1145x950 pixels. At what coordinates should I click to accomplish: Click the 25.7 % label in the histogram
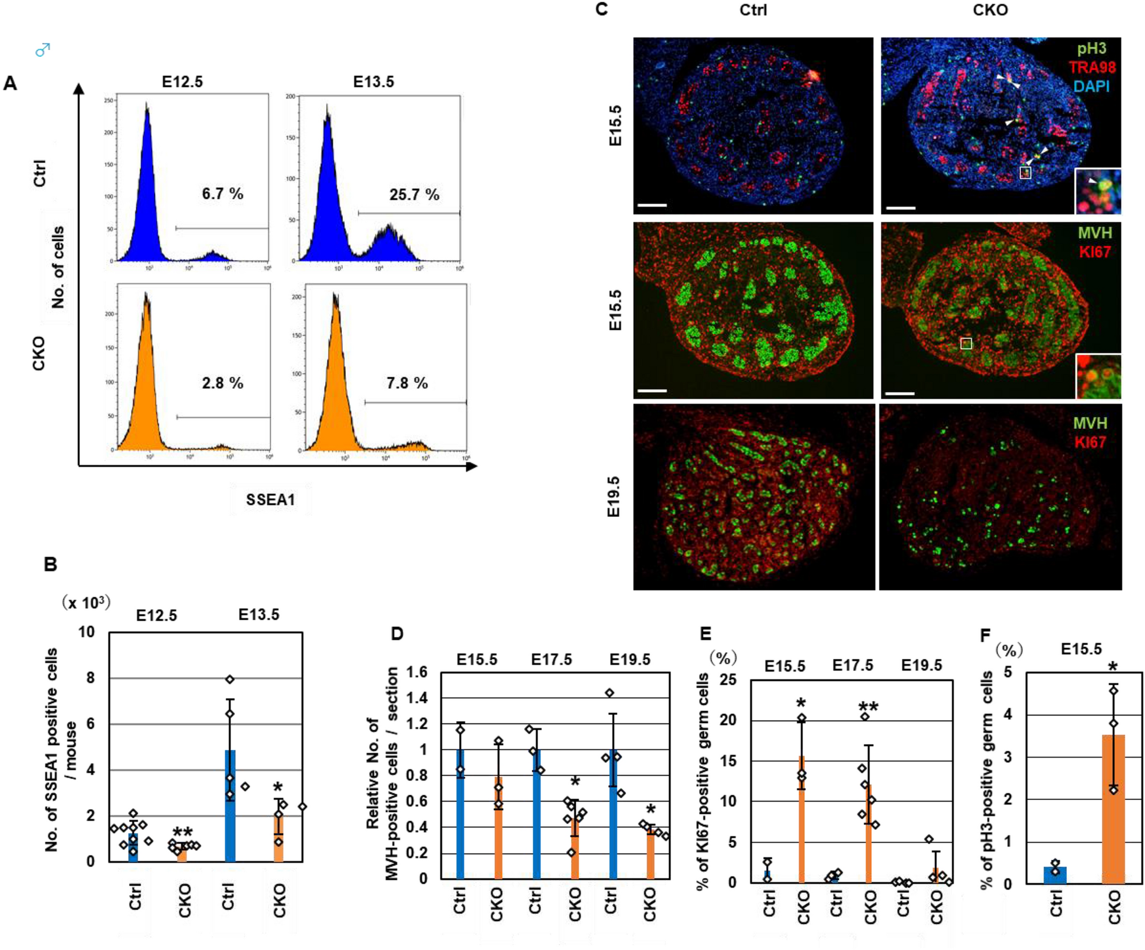coord(414,195)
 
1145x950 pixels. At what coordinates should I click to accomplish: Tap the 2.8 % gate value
coord(222,383)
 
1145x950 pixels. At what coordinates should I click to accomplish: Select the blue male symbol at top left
coord(43,50)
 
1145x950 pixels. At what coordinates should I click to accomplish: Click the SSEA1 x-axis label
coord(270,500)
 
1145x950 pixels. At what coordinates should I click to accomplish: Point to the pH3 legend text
coord(1091,48)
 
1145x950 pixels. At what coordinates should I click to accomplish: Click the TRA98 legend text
coord(1091,67)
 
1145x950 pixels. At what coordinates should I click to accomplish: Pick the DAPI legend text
coord(1091,87)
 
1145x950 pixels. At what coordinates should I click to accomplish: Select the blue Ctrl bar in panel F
coord(1055,875)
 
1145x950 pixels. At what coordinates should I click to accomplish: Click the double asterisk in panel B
coord(183,832)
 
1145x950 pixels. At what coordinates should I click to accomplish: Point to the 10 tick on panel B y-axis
coord(87,632)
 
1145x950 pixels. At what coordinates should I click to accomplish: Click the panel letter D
coord(396,633)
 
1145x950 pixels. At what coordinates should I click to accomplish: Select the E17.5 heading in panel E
coord(852,665)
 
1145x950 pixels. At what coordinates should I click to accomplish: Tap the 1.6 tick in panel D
coord(416,672)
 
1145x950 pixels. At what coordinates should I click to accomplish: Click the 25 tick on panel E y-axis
coord(728,680)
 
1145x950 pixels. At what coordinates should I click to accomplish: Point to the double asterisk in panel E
coord(868,708)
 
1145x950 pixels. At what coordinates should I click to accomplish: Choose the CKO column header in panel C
coord(990,10)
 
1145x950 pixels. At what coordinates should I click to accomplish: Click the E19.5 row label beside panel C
coord(613,496)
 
